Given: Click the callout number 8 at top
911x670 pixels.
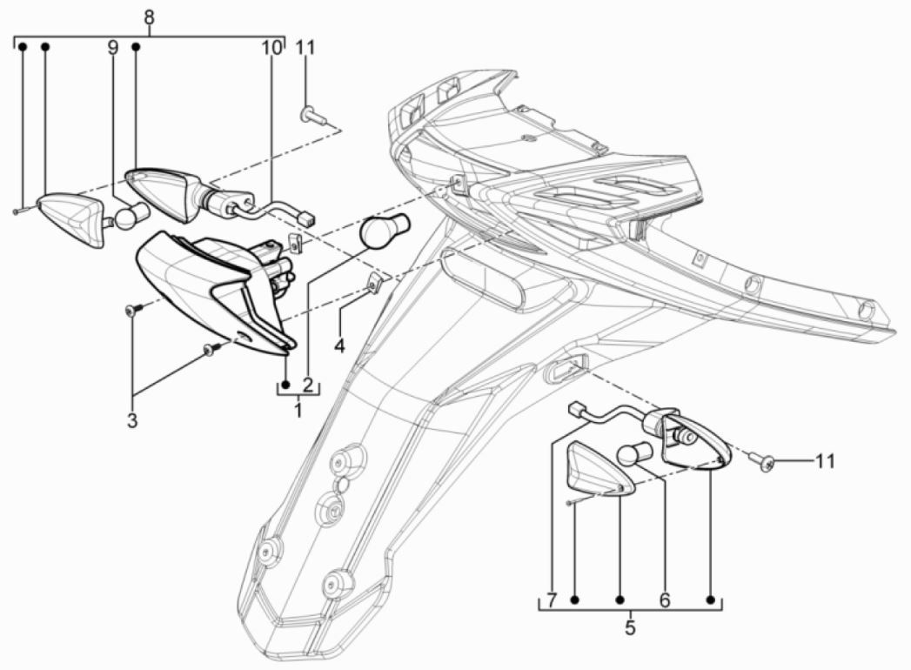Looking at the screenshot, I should point(149,17).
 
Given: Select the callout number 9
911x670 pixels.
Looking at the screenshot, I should point(112,47).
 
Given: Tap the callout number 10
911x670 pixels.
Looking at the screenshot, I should point(271,47).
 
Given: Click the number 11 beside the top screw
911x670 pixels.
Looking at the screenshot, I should point(305,47).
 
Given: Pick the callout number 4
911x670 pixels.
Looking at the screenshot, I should point(339,345).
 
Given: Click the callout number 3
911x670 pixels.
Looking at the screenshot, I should point(132,421).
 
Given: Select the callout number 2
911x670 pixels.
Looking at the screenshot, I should point(307,384).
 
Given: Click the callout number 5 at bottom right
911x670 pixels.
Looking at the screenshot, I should point(630,625).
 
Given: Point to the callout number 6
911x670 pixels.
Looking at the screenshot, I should point(664,600).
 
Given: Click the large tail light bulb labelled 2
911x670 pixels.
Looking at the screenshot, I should point(380,234).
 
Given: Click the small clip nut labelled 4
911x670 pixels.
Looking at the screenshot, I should point(375,282).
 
